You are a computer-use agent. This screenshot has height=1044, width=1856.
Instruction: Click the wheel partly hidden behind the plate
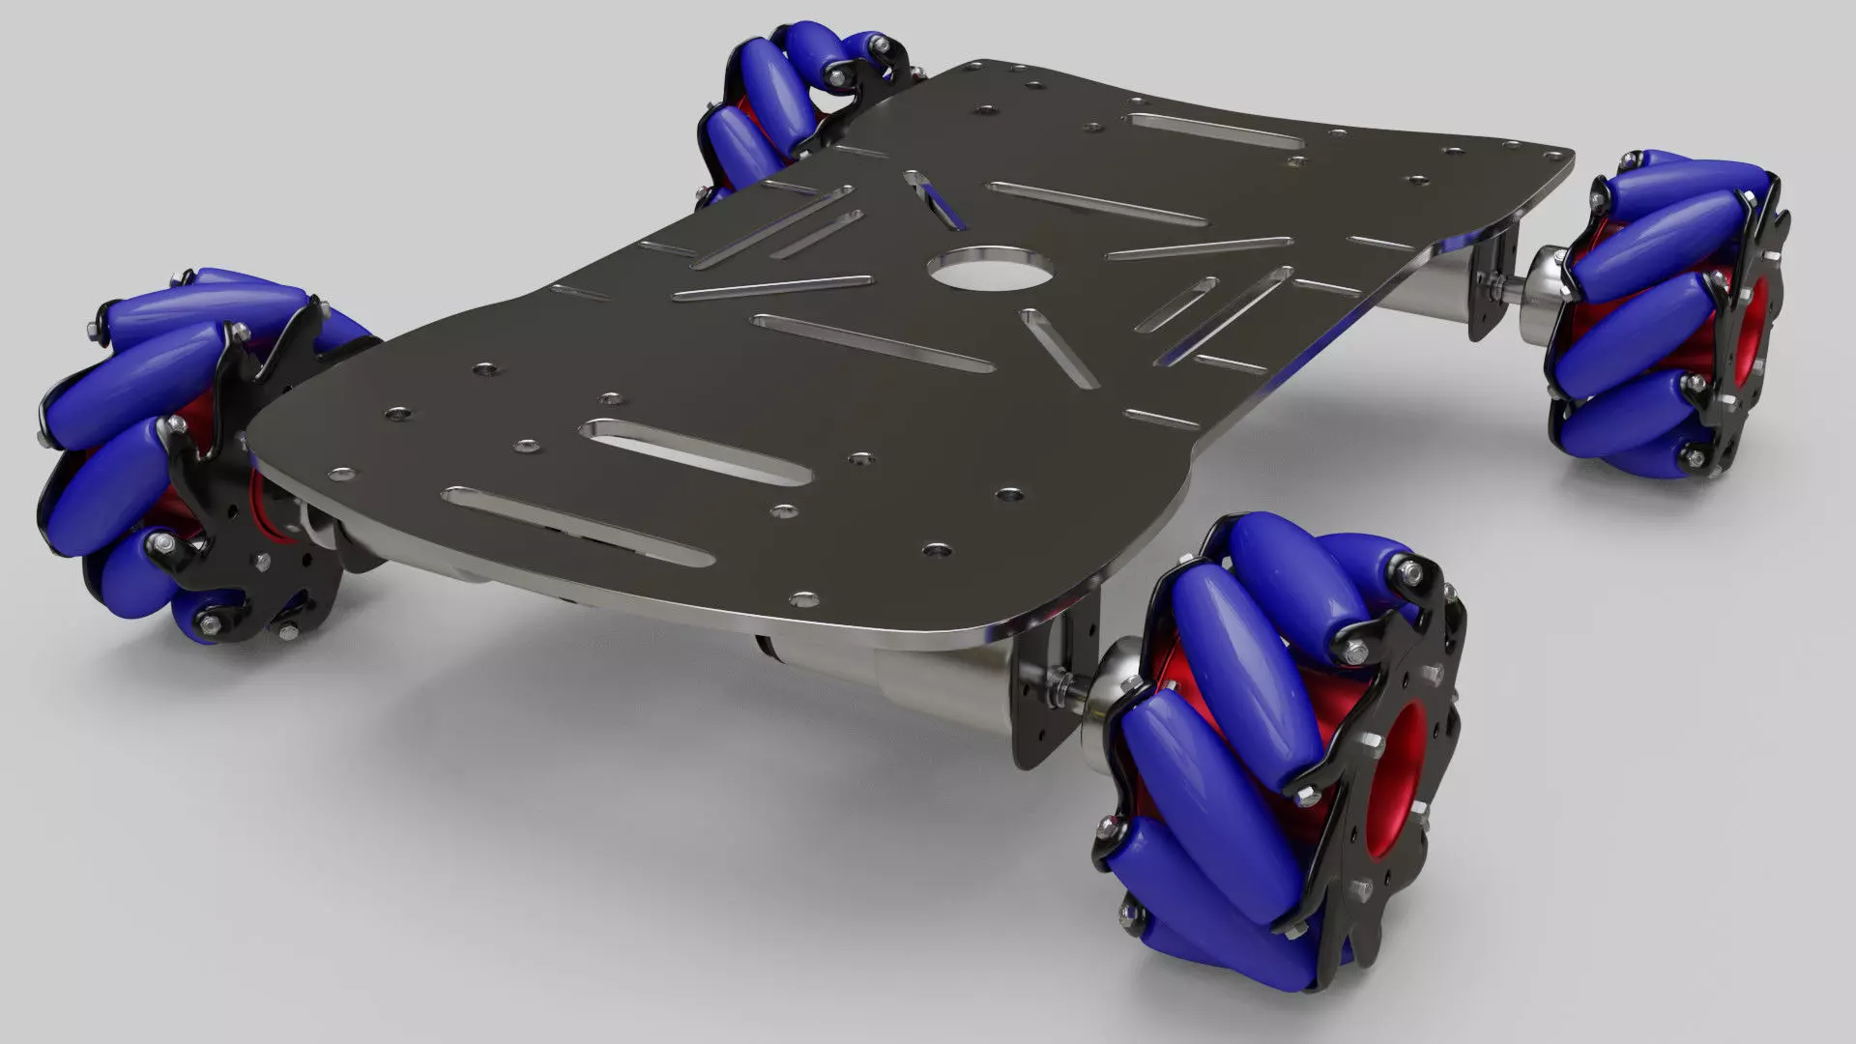[773, 106]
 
